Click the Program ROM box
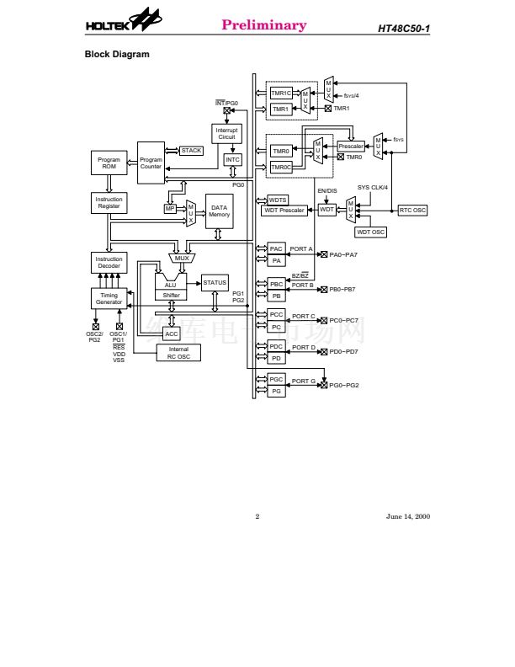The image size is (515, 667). [x=109, y=163]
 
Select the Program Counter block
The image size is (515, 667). [x=151, y=163]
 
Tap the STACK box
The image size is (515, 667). [x=191, y=151]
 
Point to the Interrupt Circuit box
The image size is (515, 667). [x=226, y=134]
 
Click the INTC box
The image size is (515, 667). [x=233, y=160]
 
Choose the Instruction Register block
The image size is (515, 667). [x=109, y=203]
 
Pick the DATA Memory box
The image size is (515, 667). [x=219, y=211]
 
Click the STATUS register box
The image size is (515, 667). [x=215, y=283]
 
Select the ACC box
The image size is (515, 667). [x=172, y=333]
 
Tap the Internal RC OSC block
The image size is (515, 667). [x=178, y=353]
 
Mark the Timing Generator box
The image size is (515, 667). [x=109, y=299]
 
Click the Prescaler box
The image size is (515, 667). [x=351, y=147]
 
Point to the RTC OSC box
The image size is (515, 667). [x=412, y=211]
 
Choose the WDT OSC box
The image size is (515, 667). [x=371, y=232]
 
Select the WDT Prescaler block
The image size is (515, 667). [x=284, y=211]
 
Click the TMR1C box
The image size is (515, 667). [x=280, y=93]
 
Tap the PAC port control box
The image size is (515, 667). [x=277, y=248]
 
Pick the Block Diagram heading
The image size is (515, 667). [x=117, y=55]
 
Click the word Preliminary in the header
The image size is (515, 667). [x=263, y=24]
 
